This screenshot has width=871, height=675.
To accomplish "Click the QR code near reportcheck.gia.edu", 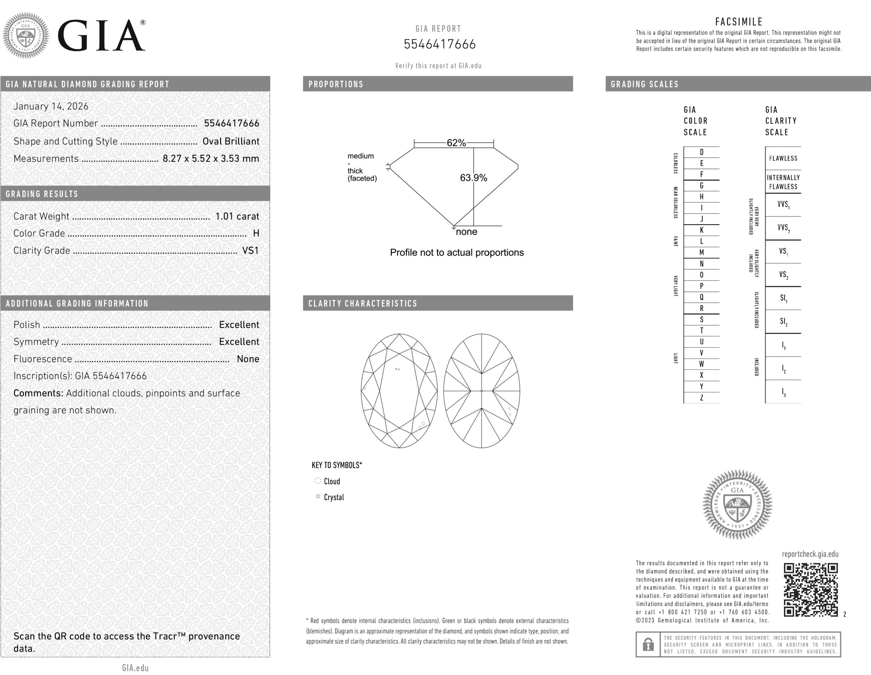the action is tap(810, 589).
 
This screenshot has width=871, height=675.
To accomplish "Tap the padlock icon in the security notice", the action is tap(648, 644).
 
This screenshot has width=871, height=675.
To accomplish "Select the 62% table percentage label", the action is tap(456, 143).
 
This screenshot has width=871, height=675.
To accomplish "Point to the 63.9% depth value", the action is tap(473, 178).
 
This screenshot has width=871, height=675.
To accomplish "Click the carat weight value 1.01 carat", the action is tap(237, 216).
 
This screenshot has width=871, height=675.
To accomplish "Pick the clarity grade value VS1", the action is tap(250, 250).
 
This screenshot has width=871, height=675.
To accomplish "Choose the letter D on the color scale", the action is tap(702, 152).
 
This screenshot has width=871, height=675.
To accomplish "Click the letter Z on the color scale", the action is tap(702, 397).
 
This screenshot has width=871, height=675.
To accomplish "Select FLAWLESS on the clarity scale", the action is tap(783, 158).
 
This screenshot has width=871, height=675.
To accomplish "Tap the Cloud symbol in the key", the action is tap(318, 481).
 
